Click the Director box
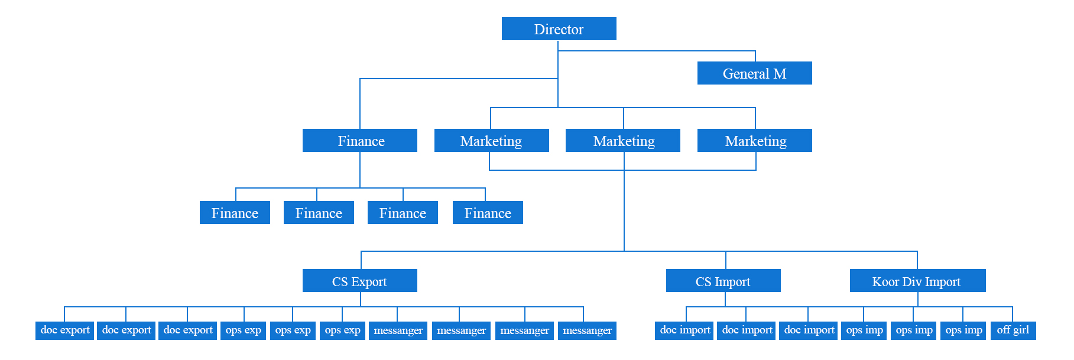[559, 29]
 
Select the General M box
[754, 73]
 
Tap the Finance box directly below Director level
[360, 141]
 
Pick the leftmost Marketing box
[491, 141]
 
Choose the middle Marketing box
[623, 141]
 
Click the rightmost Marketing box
[755, 141]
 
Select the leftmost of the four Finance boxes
[235, 213]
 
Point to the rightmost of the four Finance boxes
[488, 213]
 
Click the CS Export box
[360, 281]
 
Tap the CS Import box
[723, 281]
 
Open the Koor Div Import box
[917, 281]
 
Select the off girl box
[1013, 330]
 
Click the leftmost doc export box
[65, 330]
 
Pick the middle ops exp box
[293, 330]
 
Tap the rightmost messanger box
[587, 330]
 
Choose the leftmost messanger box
[398, 330]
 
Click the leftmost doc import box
[685, 330]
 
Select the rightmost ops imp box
[963, 330]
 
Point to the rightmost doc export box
[188, 330]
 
